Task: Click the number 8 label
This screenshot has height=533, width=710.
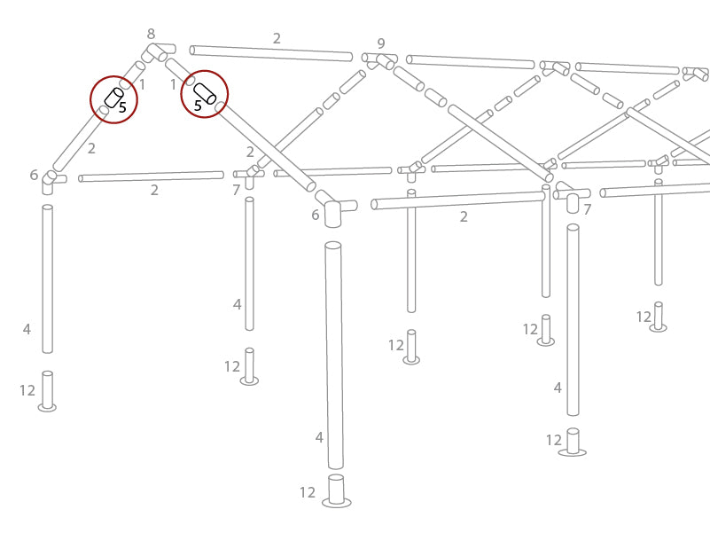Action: pos(151,34)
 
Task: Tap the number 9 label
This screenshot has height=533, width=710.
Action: pos(381,43)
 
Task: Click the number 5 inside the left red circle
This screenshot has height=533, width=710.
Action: pos(122,107)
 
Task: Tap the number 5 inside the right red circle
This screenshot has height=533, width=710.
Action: pos(198,106)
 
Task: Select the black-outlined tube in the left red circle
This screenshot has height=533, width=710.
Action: pos(113,97)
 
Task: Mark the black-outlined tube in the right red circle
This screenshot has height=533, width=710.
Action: pos(205,92)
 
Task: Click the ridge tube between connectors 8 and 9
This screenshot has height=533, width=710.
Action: pos(271,53)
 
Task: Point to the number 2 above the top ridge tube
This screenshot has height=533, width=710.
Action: pos(277,38)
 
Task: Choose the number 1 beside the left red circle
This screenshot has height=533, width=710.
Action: pos(142,84)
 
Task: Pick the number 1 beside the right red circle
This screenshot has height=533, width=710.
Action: pos(174,84)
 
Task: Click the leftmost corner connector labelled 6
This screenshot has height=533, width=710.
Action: pos(51,178)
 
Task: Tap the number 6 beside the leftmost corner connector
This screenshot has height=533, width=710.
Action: pos(34,176)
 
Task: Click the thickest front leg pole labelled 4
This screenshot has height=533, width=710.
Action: pos(334,355)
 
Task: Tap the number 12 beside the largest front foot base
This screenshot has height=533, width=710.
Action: pos(308,492)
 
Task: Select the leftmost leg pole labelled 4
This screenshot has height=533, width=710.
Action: pos(48,279)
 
